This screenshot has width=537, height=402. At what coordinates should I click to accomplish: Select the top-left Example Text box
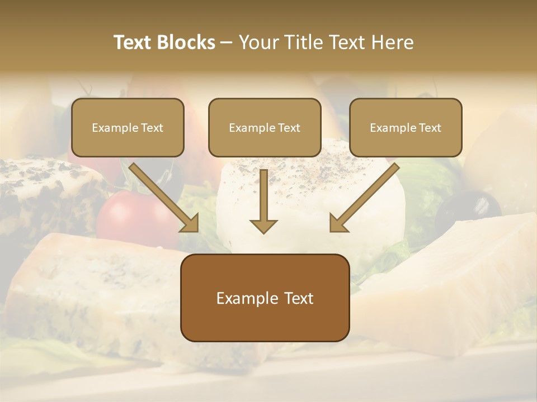[128, 127]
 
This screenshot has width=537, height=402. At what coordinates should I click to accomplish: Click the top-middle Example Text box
[265, 127]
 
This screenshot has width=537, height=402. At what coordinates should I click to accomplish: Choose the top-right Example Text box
[406, 127]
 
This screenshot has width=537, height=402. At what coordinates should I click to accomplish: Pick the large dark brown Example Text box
[265, 298]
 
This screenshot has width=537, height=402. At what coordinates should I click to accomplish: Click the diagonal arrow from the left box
[162, 195]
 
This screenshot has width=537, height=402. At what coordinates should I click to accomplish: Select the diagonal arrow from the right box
[366, 195]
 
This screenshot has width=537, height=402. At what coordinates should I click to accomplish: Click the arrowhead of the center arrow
[263, 226]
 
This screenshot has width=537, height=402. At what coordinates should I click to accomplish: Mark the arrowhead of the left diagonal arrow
[190, 223]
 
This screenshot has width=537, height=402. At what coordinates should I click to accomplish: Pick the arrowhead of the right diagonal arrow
[338, 223]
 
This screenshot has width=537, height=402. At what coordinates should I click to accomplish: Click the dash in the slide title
[227, 43]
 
